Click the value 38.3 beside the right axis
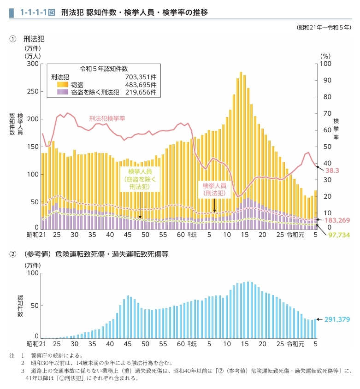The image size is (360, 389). pos(332,171)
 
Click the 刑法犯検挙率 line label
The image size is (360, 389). pos(107,118)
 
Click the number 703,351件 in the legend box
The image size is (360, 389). pos(141,77)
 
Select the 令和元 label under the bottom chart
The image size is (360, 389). pos(295,344)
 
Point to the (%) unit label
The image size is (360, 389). pos(325,55)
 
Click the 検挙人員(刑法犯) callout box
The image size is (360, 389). pos(214,189)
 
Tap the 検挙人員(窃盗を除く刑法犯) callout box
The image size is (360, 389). pos(140,179)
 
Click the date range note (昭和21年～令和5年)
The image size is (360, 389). pos(324,27)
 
